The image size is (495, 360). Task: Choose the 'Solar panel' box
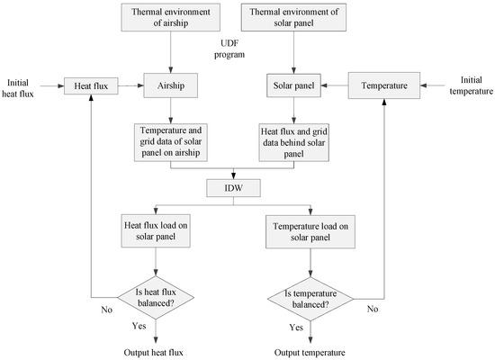point(297,87)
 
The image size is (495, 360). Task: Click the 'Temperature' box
point(384,87)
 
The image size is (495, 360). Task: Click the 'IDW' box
point(234,189)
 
